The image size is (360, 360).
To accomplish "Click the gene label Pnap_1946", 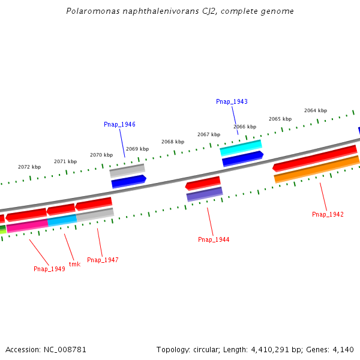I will [119, 124].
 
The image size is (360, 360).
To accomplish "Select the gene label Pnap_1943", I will [232, 102].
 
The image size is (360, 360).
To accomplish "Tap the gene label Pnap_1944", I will [214, 239].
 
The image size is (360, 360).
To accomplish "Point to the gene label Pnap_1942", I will [328, 214].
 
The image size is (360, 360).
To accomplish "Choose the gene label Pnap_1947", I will [103, 260].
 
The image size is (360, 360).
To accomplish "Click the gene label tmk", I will [74, 264].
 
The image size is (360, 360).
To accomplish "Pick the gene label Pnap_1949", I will [49, 269].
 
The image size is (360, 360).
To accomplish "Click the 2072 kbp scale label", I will [29, 167].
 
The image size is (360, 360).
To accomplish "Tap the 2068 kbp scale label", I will [172, 142].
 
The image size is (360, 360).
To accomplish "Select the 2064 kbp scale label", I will [316, 110].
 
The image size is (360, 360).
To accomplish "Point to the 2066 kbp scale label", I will [245, 127].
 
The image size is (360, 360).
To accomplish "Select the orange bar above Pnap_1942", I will [316, 169].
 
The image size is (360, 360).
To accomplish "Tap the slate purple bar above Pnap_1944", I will [204, 194].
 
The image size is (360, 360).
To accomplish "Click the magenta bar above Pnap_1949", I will [27, 226].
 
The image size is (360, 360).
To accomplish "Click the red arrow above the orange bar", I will [315, 158].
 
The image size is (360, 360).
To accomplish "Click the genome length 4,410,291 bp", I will [266, 349].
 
